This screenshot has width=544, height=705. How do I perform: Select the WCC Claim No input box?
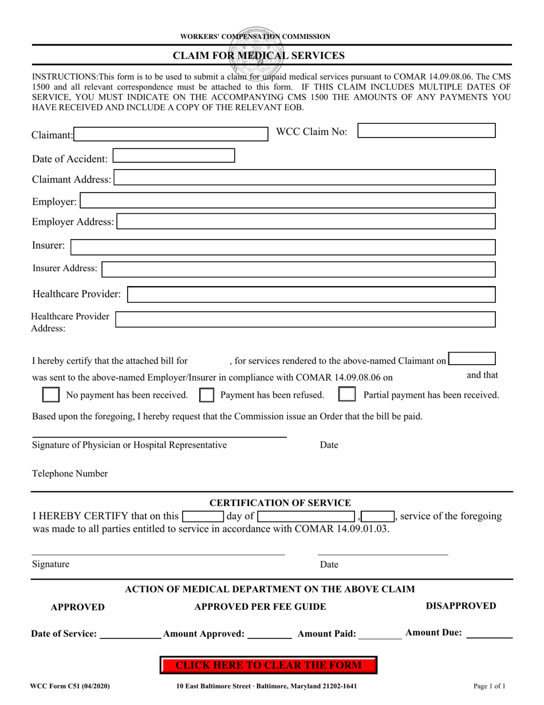tap(427, 131)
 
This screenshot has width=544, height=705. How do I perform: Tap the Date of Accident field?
tap(174, 156)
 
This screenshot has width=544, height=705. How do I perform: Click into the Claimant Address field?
tap(305, 178)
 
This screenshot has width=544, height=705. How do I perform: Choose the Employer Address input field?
tap(306, 221)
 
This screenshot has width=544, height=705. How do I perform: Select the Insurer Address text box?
tap(299, 269)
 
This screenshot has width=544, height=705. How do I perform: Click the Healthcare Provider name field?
tap(312, 295)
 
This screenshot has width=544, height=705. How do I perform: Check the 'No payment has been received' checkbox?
tap(52, 395)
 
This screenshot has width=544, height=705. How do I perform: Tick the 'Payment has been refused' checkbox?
tap(207, 395)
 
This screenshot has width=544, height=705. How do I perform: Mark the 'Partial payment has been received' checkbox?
tap(347, 395)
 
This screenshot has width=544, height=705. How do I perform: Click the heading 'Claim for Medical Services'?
tap(259, 56)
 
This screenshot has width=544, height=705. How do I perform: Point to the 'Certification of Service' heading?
tap(280, 503)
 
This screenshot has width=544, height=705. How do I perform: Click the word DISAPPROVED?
tap(461, 606)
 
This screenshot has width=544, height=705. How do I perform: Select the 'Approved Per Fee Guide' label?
tap(261, 607)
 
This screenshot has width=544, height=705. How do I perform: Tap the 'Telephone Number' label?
tap(70, 474)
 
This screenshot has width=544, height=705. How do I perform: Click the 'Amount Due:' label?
tap(433, 633)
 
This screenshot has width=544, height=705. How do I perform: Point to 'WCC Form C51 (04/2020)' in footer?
tap(71, 686)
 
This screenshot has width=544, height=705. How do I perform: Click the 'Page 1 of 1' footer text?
tap(490, 686)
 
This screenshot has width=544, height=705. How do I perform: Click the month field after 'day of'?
tap(307, 516)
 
